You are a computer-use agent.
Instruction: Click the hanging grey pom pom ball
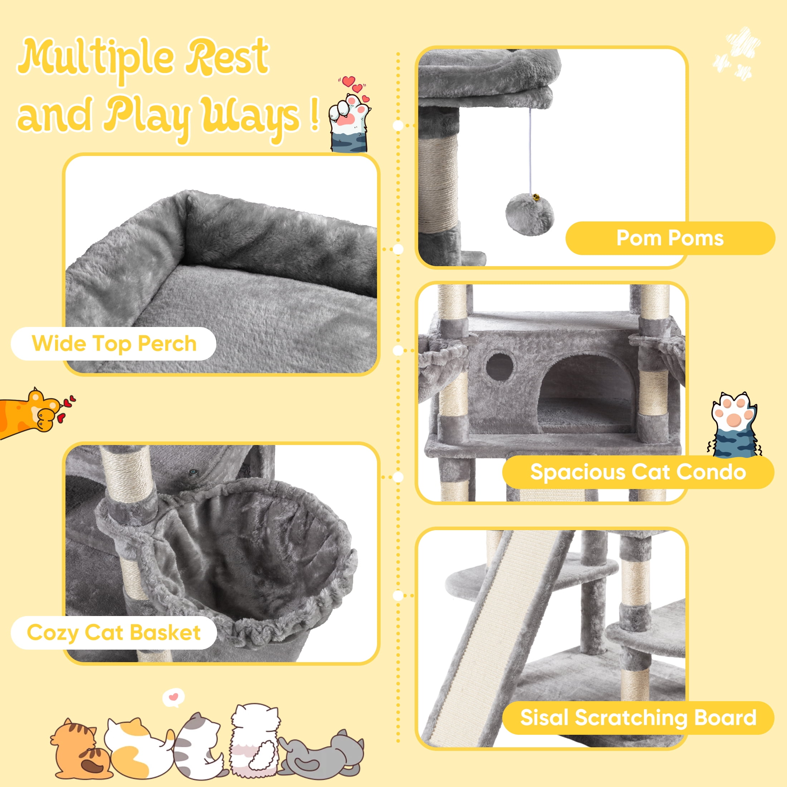[529, 215]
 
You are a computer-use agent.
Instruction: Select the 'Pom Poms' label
[670, 238]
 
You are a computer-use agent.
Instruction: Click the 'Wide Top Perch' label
[114, 343]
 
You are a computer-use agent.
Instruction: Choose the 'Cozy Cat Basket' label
[114, 632]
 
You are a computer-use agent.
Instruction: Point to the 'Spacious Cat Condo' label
[638, 472]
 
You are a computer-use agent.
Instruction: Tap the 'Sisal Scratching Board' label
[638, 717]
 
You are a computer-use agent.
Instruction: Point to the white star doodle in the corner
[737, 53]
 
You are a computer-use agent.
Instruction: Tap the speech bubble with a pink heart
[173, 697]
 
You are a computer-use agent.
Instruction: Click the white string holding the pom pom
[530, 151]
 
